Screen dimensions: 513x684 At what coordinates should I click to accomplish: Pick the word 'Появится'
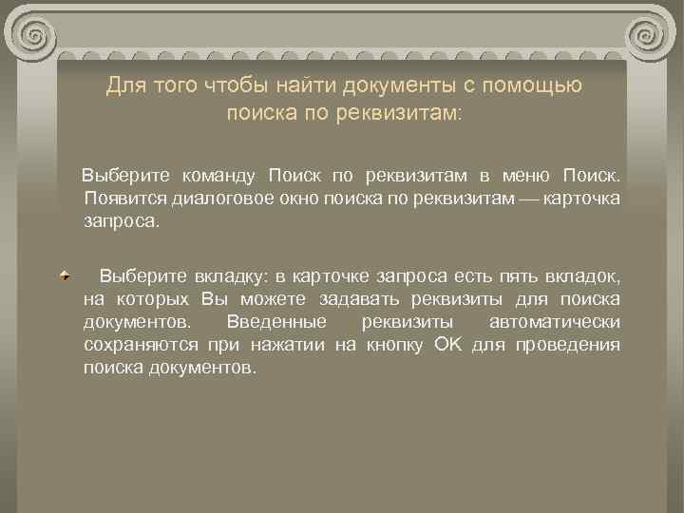(x=123, y=198)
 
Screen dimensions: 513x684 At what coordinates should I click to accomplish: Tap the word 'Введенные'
(x=271, y=321)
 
